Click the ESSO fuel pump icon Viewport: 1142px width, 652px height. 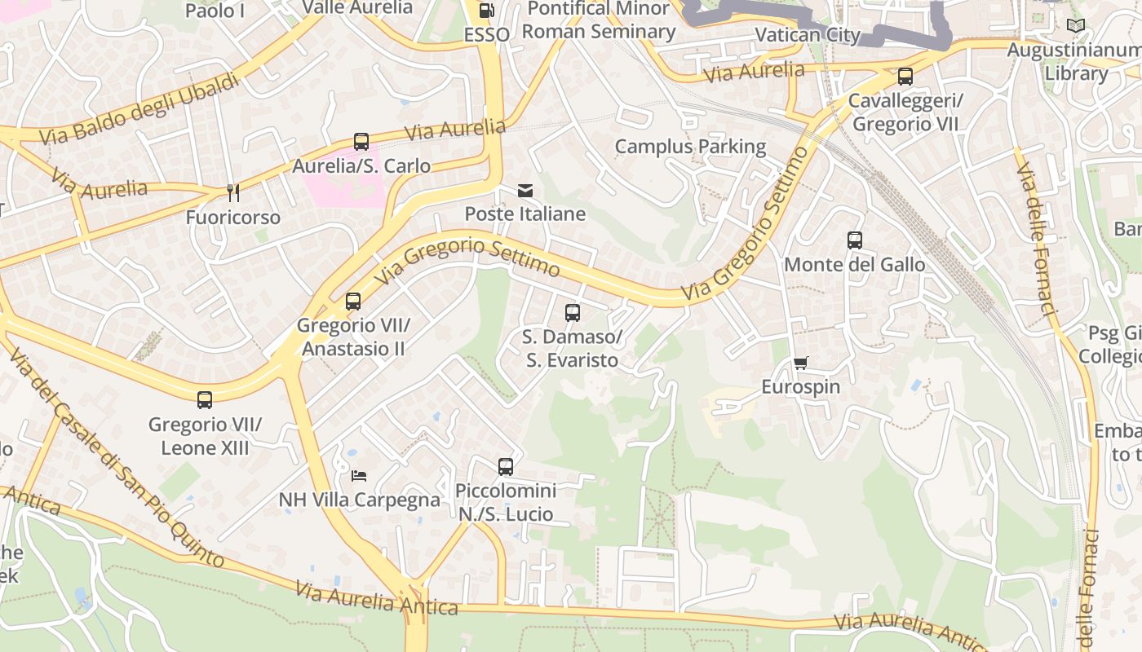[x=486, y=11]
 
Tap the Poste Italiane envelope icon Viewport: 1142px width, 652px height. [x=525, y=191]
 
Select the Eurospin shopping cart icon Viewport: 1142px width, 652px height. [x=801, y=363]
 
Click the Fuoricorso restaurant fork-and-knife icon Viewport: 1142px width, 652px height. [x=233, y=193]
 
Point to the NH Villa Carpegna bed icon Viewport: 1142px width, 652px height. [x=359, y=475]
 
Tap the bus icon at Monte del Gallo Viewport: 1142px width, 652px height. [x=854, y=240]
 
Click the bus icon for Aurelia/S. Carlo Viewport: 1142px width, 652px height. [x=361, y=142]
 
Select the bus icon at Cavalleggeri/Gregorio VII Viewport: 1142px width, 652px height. [x=905, y=77]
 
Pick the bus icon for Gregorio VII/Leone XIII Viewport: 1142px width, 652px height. [x=205, y=400]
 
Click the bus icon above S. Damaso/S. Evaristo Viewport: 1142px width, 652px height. [x=573, y=312]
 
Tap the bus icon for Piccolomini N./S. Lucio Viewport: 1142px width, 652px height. [x=506, y=467]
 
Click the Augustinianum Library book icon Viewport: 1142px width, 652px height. [x=1076, y=26]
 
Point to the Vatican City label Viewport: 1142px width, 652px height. [x=808, y=35]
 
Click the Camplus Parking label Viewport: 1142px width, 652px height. [x=690, y=147]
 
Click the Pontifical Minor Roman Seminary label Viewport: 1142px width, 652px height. [x=599, y=20]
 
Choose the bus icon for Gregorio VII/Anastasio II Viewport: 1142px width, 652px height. [x=353, y=302]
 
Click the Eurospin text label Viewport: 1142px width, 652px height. [x=800, y=386]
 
